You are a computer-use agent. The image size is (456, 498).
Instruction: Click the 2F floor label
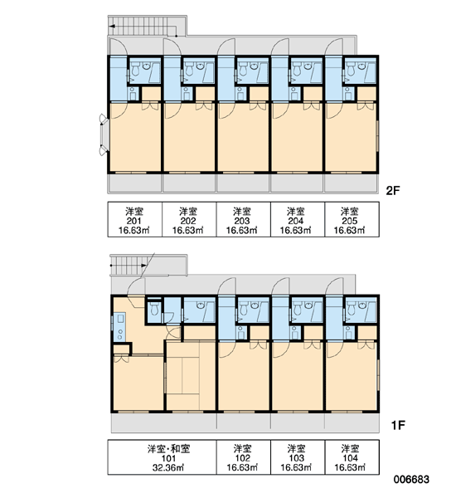click(x=392, y=191)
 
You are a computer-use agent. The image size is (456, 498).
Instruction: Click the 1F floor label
click(x=398, y=425)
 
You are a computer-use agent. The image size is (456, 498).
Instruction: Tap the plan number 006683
click(x=411, y=479)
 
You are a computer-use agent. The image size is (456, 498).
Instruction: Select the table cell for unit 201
click(x=135, y=219)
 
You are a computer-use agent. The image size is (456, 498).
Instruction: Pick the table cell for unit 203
click(x=244, y=219)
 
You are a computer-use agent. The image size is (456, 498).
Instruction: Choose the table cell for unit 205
click(x=352, y=219)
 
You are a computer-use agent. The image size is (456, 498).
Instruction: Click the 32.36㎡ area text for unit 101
click(x=168, y=467)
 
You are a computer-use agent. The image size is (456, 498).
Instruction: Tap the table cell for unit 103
click(x=298, y=457)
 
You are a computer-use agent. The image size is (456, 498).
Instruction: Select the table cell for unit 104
click(x=352, y=457)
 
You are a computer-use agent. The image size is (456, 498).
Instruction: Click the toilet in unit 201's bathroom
click(x=135, y=70)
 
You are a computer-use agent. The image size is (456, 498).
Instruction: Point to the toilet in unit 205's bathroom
click(x=351, y=70)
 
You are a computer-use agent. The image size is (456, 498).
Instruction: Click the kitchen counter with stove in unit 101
click(x=120, y=326)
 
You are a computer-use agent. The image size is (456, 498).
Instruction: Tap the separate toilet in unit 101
click(x=154, y=309)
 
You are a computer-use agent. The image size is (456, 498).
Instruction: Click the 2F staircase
click(x=147, y=26)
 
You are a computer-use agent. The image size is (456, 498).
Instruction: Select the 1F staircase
click(x=148, y=264)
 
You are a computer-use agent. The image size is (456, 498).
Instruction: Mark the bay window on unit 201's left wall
click(x=104, y=134)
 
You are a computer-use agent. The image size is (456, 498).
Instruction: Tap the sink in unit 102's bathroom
click(x=254, y=305)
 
